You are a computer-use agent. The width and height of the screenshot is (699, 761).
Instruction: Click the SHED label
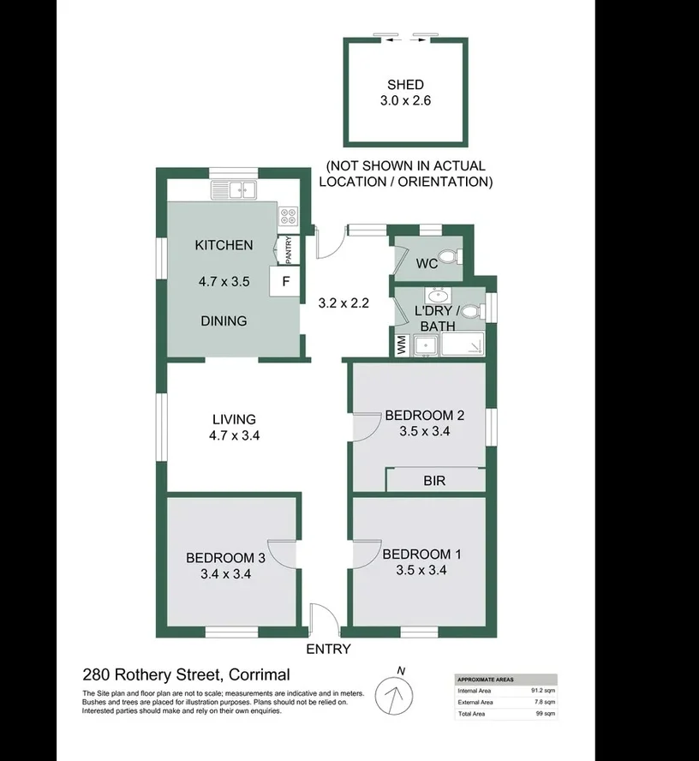405,84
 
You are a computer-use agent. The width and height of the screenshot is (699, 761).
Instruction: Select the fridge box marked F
285,281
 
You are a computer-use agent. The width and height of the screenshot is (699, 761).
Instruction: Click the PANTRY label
289,249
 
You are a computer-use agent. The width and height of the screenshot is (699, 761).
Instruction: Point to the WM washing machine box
402,345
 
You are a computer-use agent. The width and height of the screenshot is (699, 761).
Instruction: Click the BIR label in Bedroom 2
434,482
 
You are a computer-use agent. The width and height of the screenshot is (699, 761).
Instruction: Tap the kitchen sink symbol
234,189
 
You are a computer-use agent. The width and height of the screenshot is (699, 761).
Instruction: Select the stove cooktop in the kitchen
288,217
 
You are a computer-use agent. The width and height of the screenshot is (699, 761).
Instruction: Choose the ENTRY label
328,650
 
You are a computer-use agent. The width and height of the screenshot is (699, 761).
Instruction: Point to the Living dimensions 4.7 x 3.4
234,435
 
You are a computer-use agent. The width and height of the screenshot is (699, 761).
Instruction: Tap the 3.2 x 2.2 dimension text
344,303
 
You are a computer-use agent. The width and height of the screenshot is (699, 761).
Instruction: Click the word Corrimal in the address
254,674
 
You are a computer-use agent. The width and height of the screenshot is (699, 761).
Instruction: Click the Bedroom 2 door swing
367,426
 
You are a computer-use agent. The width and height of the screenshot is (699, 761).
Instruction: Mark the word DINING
224,321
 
